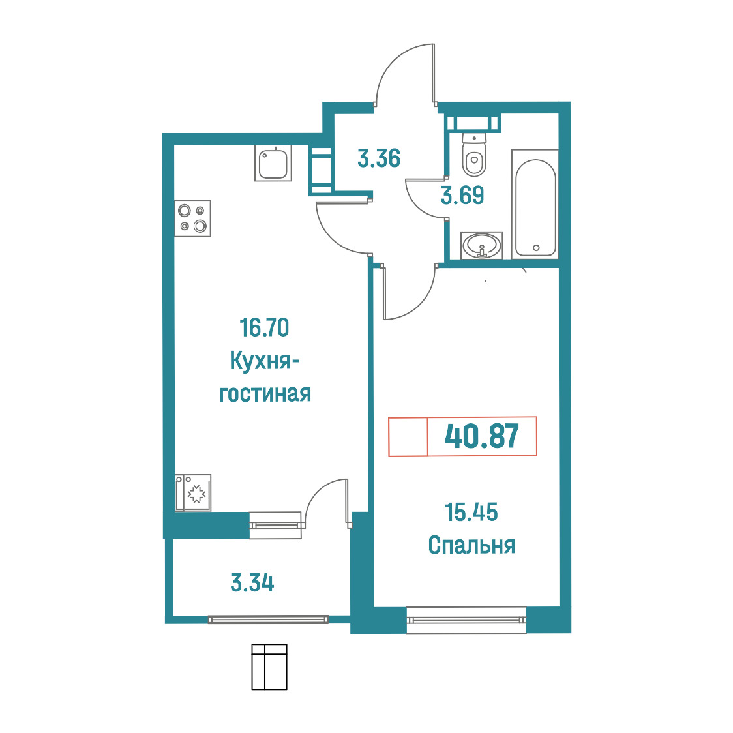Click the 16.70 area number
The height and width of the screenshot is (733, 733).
[x=264, y=328]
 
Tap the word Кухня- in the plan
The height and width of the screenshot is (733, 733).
[x=265, y=361]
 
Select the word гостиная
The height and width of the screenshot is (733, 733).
[x=265, y=394]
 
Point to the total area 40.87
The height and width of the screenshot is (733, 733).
[x=482, y=436]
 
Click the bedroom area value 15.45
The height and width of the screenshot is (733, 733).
[x=471, y=513]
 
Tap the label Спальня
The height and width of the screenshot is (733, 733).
[x=471, y=545]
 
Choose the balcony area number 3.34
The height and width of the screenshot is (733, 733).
[x=252, y=583]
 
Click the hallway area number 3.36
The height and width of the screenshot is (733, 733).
[x=379, y=158]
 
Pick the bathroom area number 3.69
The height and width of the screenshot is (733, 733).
[x=462, y=195]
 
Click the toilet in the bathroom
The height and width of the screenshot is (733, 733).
[x=474, y=154]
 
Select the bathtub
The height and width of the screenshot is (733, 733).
[x=535, y=204]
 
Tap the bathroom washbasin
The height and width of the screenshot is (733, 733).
[x=481, y=245]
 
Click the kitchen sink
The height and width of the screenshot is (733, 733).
[x=273, y=162]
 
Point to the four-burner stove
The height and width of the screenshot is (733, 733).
[x=192, y=218]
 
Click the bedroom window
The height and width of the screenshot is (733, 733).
[x=466, y=620]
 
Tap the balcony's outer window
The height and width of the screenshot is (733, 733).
[x=268, y=620]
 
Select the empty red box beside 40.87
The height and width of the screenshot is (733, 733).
[x=408, y=436]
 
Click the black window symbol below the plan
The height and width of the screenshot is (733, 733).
[x=269, y=666]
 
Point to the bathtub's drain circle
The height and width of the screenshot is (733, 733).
[x=536, y=248]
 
